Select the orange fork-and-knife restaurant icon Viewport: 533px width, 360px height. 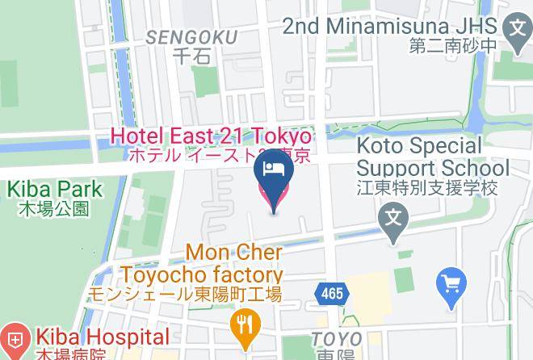click(243, 325)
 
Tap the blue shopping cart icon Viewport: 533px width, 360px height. click(450, 284)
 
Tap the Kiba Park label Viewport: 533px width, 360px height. click(55, 190)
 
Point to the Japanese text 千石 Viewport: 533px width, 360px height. click(193, 57)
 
